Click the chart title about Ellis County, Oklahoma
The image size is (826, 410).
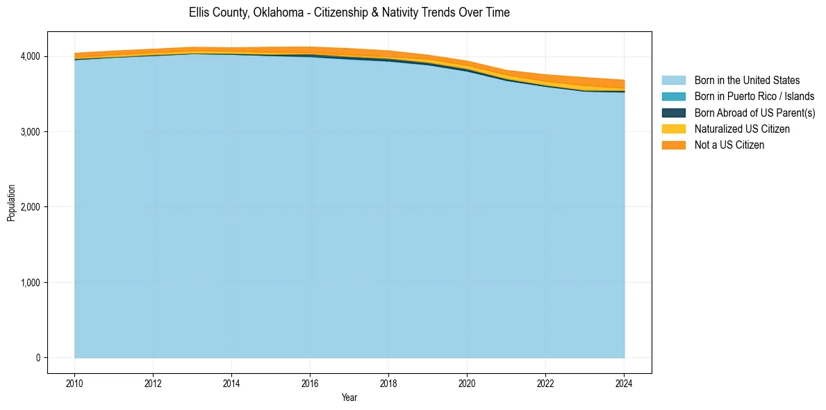tap(349, 13)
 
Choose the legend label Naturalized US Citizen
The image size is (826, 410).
tap(742, 129)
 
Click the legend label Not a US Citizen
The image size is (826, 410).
tap(729, 145)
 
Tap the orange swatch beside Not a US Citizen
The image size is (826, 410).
tap(673, 145)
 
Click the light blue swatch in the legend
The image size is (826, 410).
tap(673, 81)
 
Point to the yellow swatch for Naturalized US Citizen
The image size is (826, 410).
tap(673, 129)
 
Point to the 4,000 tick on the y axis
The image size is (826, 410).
tap(30, 56)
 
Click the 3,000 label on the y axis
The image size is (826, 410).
tap(30, 132)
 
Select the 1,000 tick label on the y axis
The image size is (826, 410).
tap(30, 283)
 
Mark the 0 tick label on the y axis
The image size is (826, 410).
tap(38, 358)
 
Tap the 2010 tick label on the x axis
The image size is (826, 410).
tap(74, 383)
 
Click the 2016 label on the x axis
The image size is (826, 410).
tap(310, 383)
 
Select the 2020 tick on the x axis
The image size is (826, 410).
tap(467, 383)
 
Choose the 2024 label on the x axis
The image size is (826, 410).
tap(624, 383)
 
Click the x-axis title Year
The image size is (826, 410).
tap(349, 398)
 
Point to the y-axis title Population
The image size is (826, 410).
tap(11, 203)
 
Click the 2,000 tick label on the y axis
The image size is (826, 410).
tap(30, 207)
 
